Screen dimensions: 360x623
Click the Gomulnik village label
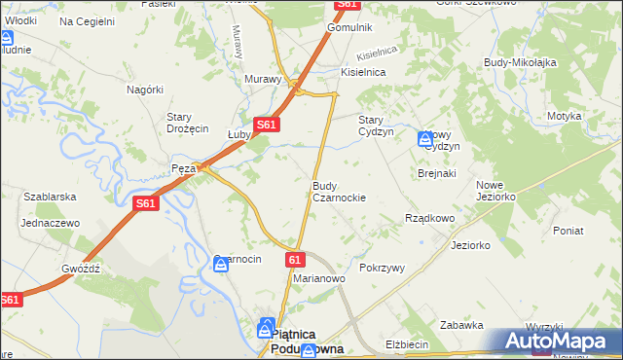coord(349,28)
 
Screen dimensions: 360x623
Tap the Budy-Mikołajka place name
coord(520,62)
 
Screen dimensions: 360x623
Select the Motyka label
coord(564,116)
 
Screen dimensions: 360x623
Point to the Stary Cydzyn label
coord(376,126)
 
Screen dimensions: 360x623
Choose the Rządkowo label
coord(429,219)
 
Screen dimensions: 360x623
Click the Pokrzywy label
coord(382,267)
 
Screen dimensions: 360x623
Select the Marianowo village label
coord(320,278)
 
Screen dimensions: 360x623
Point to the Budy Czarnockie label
coord(339,191)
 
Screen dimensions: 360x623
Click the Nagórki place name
coord(144,89)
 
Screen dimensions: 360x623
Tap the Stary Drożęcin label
coord(188,123)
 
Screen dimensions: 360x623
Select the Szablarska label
coord(51,197)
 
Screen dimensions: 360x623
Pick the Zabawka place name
coord(461,325)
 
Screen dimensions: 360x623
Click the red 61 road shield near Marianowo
coord(296,260)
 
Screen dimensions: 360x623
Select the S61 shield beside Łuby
coord(268,125)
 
